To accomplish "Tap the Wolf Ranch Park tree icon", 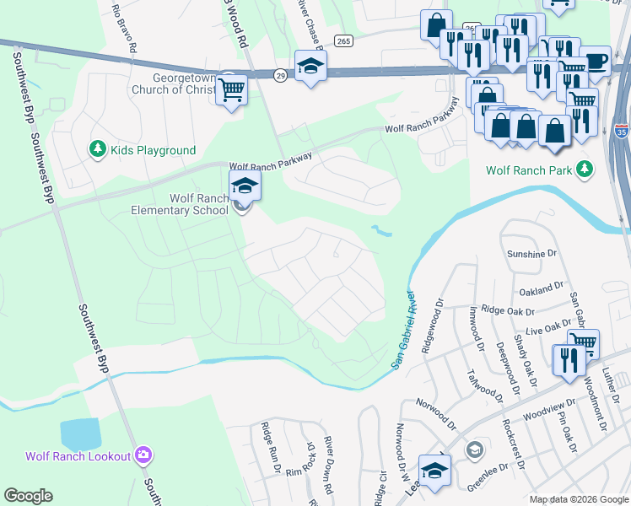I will pos(584,170).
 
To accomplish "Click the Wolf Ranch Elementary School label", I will pos(199,204).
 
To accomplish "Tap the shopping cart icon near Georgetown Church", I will pos(232,89).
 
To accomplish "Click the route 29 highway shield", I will pos(280,76).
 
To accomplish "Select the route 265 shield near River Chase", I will pos(342,40).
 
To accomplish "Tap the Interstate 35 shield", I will pos(622,131).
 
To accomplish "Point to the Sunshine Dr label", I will pos(533,253).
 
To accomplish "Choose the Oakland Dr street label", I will pos(542,288).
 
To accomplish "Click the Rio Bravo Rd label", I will pos(124,28).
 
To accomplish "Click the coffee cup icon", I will pos(596,61).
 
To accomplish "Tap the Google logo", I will pos(29,496).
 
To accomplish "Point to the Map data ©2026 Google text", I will pos(579,499).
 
